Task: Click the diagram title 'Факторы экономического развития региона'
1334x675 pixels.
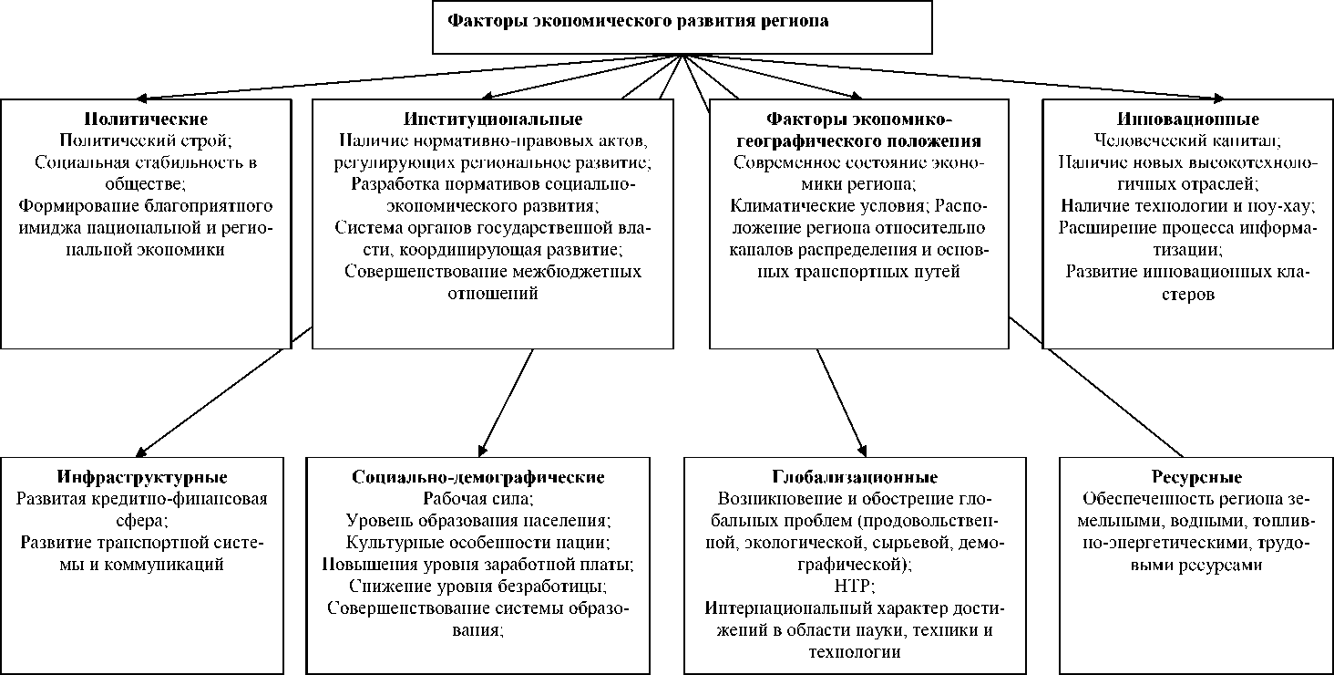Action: pos(638,21)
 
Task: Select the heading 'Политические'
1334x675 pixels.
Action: pos(146,119)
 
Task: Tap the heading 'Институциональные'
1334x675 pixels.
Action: pos(493,119)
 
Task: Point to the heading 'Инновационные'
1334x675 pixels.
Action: pos(1187,119)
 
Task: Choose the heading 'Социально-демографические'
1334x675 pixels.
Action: pos(478,477)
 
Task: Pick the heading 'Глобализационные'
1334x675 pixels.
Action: pos(855,477)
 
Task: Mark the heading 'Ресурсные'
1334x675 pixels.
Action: pos(1184,477)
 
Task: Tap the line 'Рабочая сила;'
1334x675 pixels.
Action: pos(478,499)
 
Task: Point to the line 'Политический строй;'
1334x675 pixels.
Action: pos(146,141)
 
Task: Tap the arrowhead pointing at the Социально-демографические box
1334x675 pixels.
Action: pos(481,450)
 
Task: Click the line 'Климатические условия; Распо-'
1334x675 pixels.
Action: pos(854,206)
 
